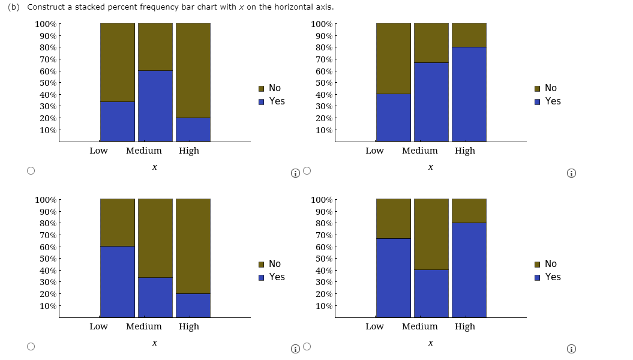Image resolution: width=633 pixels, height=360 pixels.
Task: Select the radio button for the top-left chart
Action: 31,170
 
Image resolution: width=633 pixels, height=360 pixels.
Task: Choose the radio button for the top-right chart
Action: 307,170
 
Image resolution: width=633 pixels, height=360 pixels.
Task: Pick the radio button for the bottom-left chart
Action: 31,346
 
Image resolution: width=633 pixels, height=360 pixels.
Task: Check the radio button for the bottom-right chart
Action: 307,346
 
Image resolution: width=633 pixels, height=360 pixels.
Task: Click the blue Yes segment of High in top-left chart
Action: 193,130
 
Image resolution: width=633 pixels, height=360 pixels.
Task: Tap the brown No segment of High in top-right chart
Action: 469,35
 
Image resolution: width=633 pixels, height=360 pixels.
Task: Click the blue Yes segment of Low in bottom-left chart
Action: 118,281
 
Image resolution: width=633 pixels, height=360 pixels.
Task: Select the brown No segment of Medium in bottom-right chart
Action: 431,234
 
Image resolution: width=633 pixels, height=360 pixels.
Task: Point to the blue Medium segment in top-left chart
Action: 155,106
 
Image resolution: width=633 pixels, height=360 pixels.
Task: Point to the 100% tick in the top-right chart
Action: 322,24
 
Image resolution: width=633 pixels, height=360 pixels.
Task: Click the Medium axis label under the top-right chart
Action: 420,151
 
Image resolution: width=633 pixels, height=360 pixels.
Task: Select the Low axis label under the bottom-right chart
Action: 374,326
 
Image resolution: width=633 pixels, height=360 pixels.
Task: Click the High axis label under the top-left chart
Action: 189,151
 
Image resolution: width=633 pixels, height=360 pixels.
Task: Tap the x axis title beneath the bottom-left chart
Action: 155,343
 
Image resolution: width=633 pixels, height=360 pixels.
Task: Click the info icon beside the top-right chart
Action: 572,174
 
